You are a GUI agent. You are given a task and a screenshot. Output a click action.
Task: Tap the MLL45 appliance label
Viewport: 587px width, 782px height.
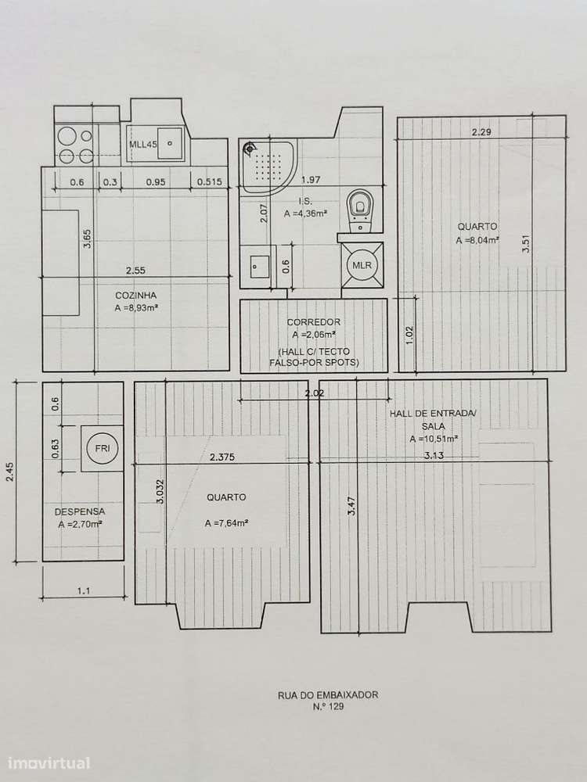tap(142, 144)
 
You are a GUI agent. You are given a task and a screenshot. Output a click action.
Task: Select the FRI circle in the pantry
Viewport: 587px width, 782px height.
tap(102, 449)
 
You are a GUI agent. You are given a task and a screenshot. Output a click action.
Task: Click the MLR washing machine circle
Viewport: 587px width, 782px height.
tap(362, 265)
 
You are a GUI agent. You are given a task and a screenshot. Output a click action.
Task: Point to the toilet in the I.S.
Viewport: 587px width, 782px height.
tap(360, 206)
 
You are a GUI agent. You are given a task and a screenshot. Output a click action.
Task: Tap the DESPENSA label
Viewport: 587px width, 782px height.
tap(80, 512)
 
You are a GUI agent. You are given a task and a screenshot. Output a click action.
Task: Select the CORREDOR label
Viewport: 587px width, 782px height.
tap(312, 322)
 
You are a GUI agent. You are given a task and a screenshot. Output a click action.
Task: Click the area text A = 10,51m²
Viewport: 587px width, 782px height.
tap(434, 439)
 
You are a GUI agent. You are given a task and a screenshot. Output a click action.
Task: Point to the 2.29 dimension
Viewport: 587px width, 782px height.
tap(481, 132)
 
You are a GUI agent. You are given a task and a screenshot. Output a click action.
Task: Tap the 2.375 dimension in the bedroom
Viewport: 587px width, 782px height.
tap(224, 457)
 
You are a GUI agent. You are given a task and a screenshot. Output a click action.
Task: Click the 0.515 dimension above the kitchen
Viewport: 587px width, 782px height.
tap(211, 182)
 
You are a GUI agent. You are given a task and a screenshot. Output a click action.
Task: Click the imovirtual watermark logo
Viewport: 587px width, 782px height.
tap(49, 762)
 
